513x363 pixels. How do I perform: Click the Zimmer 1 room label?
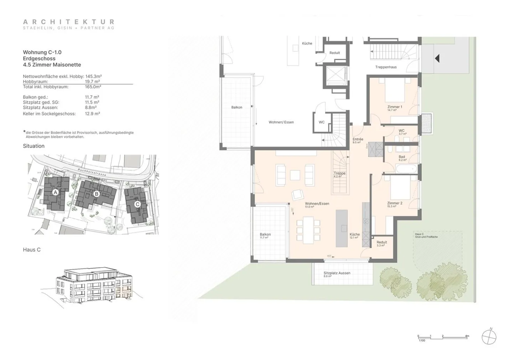(x=395, y=107)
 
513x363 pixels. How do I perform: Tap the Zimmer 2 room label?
(x=395, y=203)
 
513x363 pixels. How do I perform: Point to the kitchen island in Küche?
(x=342, y=228)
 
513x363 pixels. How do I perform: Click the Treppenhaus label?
(x=386, y=67)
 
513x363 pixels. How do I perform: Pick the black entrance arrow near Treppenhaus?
(x=437, y=58)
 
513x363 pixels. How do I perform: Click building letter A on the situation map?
(x=55, y=192)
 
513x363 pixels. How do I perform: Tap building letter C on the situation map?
(x=138, y=204)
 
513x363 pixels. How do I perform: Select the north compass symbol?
(x=489, y=337)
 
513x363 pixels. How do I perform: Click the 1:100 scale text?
(x=422, y=341)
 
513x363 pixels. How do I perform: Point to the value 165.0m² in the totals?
(x=93, y=87)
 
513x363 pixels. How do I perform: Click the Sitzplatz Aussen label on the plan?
(x=337, y=273)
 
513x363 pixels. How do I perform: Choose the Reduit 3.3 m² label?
(x=382, y=242)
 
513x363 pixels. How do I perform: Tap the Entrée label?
(x=358, y=139)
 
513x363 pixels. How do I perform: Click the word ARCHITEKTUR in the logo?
(x=69, y=22)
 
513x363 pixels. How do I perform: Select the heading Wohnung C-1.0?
(x=42, y=52)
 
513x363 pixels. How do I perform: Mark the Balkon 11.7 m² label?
(x=265, y=235)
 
